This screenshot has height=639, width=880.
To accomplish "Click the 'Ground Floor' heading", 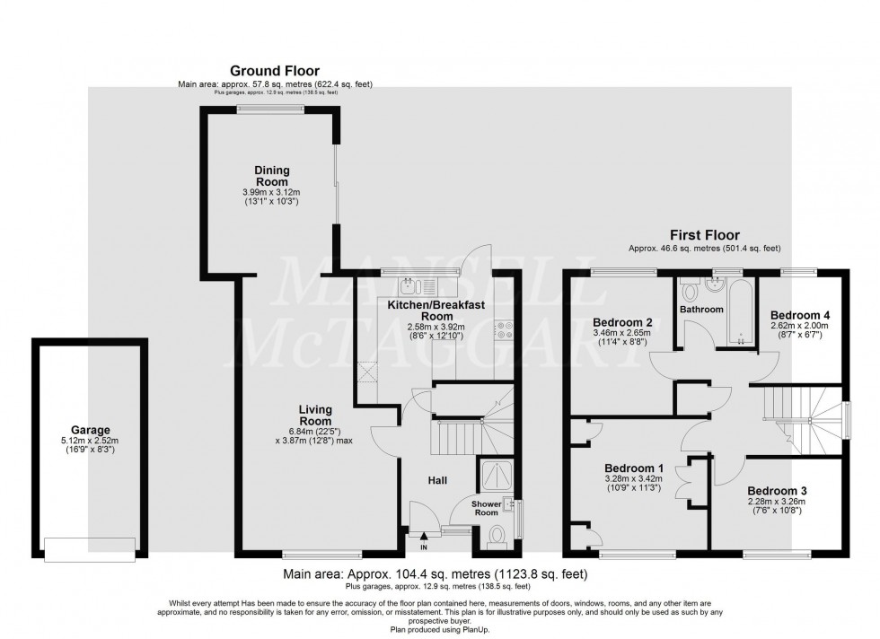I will (275, 70).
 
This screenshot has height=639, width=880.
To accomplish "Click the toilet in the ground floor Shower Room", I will (497, 536).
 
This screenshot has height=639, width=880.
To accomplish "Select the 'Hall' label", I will (437, 482).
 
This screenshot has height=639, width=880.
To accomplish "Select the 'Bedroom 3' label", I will (777, 490).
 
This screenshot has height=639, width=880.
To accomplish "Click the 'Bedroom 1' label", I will (634, 468).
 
